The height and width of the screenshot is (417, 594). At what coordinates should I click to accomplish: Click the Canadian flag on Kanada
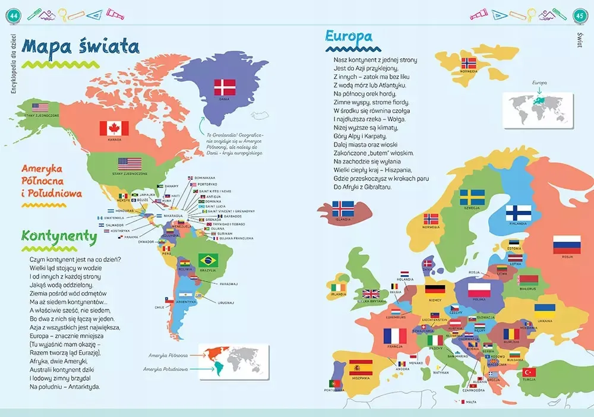click(x=110, y=128)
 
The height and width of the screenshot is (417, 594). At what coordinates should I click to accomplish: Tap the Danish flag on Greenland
click(x=225, y=87)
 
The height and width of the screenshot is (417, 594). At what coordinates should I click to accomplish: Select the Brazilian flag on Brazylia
click(x=208, y=260)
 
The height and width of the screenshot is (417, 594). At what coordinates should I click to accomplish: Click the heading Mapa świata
click(x=80, y=47)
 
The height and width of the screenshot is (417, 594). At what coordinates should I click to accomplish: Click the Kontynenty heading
click(x=59, y=236)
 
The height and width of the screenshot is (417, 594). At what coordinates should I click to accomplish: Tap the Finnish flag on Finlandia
click(x=518, y=212)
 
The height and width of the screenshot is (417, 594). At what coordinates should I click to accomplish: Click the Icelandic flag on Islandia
click(x=343, y=208)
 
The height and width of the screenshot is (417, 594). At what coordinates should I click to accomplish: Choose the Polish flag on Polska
click(x=479, y=290)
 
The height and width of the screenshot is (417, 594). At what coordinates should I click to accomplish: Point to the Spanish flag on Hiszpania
click(x=361, y=368)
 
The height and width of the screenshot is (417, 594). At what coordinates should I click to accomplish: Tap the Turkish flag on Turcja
click(x=528, y=372)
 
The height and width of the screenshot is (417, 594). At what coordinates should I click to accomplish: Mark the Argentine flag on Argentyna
click(x=186, y=296)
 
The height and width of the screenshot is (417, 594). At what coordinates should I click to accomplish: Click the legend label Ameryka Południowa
click(x=166, y=369)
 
